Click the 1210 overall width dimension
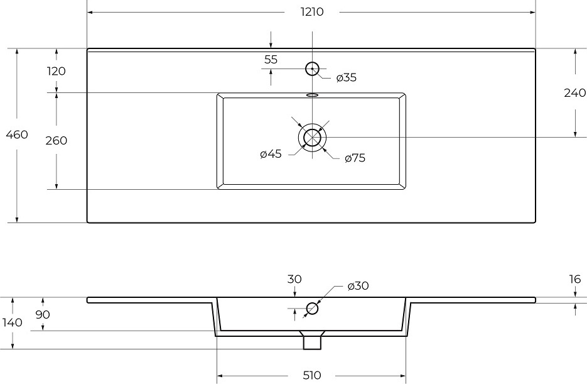312,12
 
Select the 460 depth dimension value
17,134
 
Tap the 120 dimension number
57,71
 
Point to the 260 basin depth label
57,141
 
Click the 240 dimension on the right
574,93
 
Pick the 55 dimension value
271,60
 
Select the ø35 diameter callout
347,77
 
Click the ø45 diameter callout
271,153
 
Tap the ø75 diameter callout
355,158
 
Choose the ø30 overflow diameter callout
358,286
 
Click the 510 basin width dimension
312,375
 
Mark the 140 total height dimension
13,322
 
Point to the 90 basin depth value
43,315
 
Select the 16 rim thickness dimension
575,279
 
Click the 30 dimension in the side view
294,279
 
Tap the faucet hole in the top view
312,69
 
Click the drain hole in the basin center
312,138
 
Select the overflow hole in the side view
312,309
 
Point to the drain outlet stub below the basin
312,343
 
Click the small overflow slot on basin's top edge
312,95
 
